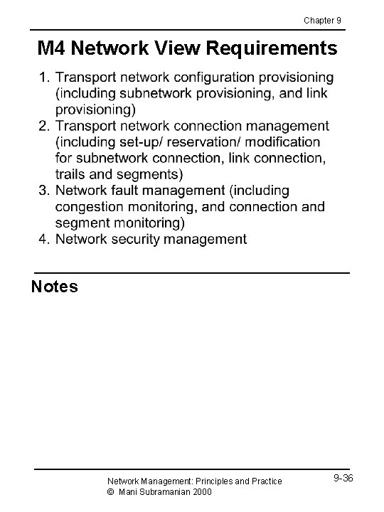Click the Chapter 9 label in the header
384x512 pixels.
323,20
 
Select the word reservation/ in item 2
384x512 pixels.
203,142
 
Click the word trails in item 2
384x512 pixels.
71,174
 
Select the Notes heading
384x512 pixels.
55,287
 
